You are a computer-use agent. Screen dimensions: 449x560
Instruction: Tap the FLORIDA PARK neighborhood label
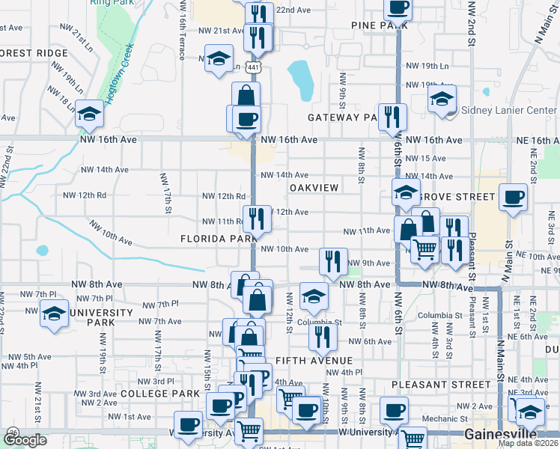pyautogui.click(x=219, y=239)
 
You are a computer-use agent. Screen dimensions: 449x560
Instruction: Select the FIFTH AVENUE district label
pyautogui.click(x=313, y=360)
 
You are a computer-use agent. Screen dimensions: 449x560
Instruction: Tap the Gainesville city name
pyautogui.click(x=501, y=435)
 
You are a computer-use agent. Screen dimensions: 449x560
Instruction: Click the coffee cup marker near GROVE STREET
pyautogui.click(x=514, y=198)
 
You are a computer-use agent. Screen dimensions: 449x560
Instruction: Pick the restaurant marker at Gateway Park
pyautogui.click(x=392, y=117)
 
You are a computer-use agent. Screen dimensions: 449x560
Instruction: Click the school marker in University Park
pyautogui.click(x=54, y=314)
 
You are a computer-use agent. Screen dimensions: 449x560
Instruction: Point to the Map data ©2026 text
pyautogui.click(x=528, y=443)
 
